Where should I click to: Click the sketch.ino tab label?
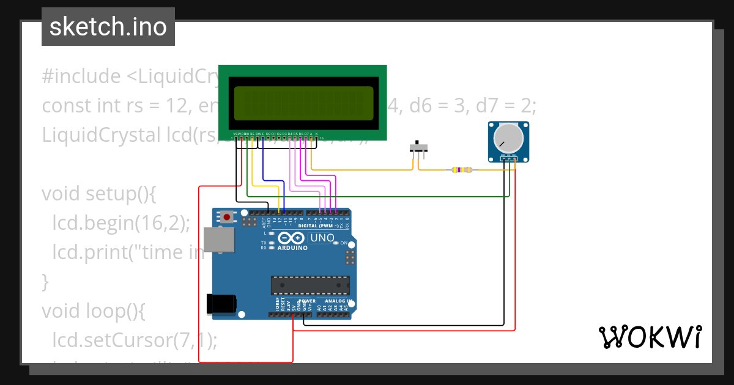click(108, 27)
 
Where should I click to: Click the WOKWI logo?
click(650, 337)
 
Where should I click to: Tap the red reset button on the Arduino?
click(228, 216)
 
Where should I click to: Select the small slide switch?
click(418, 148)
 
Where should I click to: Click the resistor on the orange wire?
click(462, 170)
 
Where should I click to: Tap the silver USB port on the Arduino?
click(219, 240)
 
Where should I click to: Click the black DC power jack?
click(221, 303)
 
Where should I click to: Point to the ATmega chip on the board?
click(311, 285)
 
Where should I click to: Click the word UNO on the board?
click(322, 238)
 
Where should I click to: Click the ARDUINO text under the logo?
click(292, 248)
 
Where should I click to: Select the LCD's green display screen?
click(303, 103)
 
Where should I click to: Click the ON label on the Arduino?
click(344, 243)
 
